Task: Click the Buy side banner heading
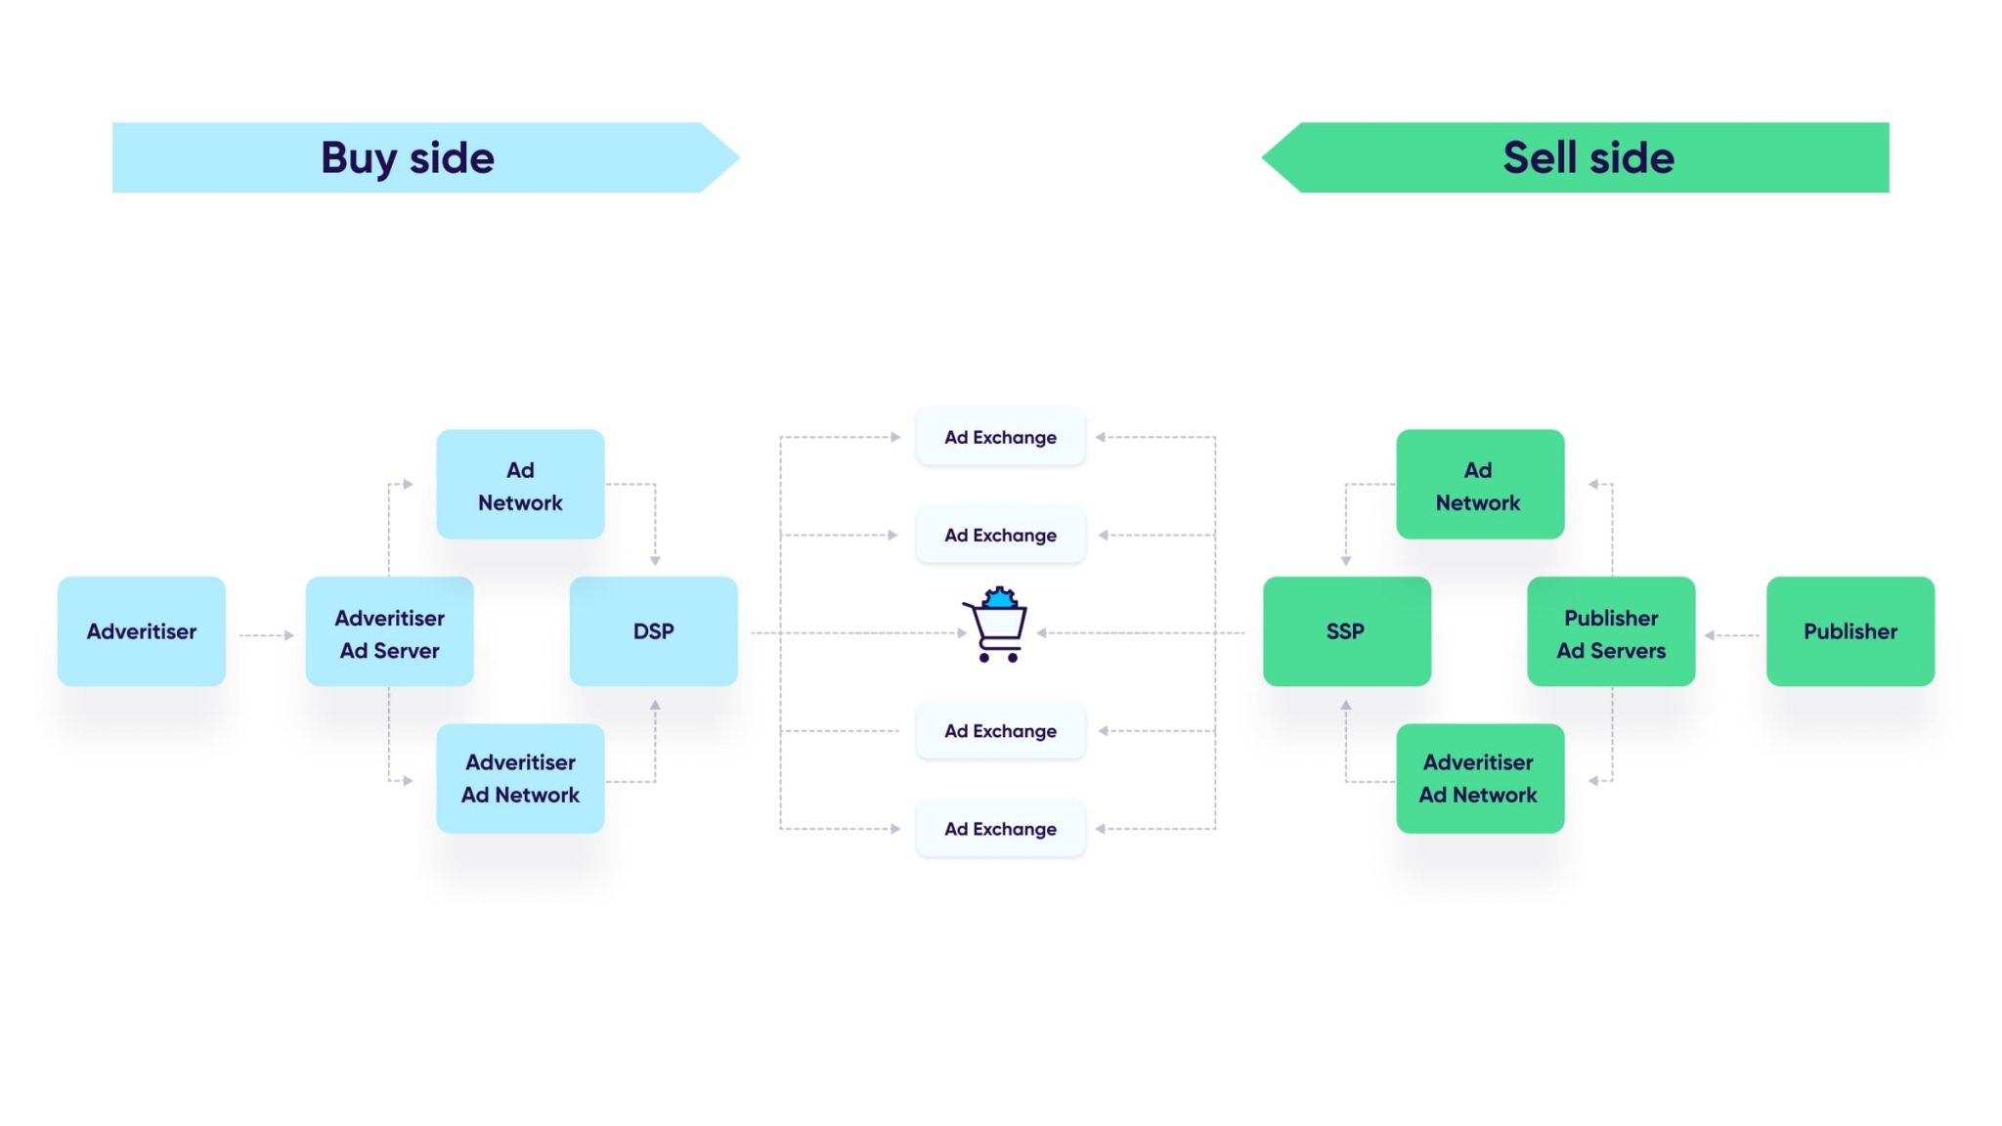coord(408,157)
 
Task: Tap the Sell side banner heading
coord(1588,157)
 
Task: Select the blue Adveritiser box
coord(142,631)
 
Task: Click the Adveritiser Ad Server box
coord(389,632)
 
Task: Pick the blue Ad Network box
coord(520,485)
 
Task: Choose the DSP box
coord(653,631)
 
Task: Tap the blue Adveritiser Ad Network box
coord(520,778)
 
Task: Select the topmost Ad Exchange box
coord(1000,437)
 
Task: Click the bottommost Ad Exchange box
coord(1000,829)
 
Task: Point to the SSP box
coord(1346,631)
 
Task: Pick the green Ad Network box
coord(1479,485)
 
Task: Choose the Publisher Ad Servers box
coord(1611,632)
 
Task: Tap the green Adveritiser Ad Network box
coord(1479,778)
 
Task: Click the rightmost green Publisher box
coord(1850,631)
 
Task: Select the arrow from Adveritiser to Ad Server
coord(266,635)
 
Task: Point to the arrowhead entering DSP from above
coord(655,560)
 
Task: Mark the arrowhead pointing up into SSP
coord(1346,705)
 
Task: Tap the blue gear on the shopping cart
coord(999,597)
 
